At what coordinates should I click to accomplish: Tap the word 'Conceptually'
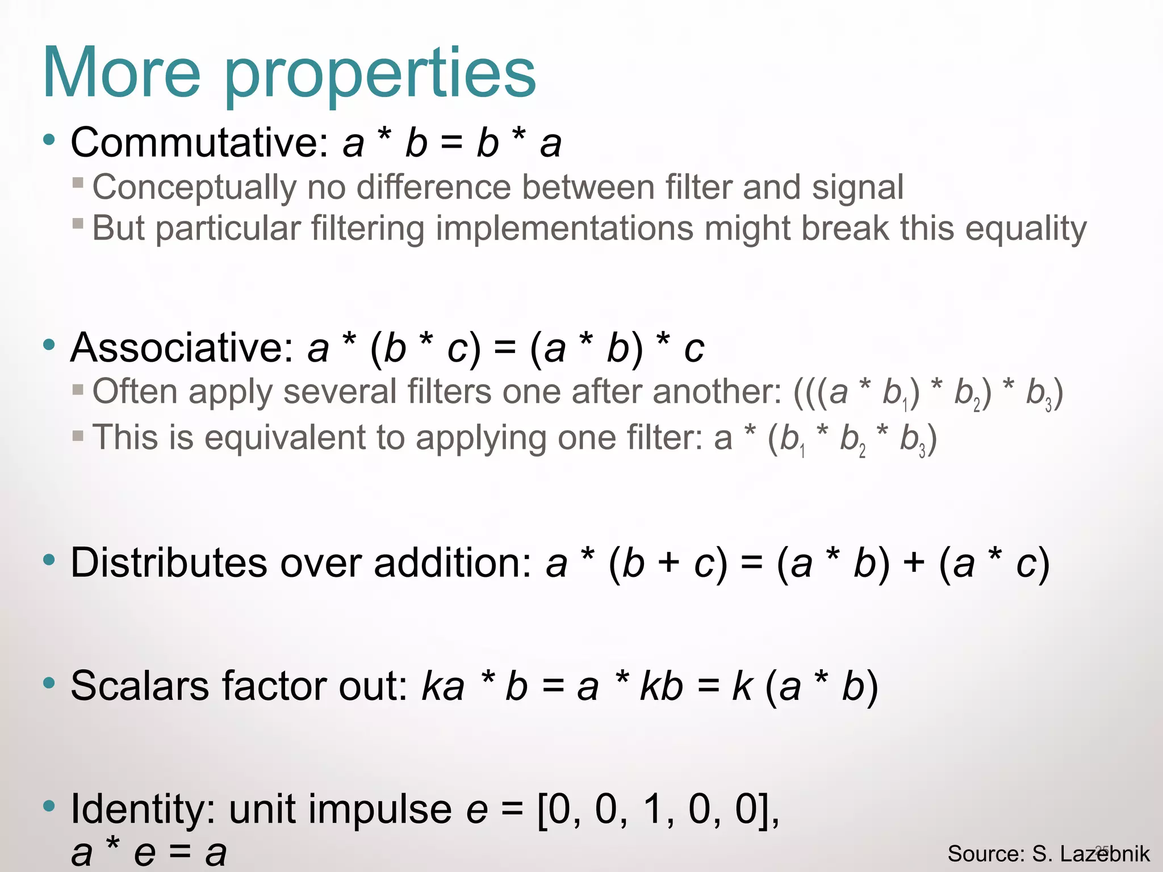click(194, 188)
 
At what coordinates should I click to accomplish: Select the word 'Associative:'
click(182, 347)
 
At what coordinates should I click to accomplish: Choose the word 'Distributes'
click(169, 563)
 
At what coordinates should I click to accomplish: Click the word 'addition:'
click(453, 563)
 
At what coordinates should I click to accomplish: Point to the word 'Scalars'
click(140, 686)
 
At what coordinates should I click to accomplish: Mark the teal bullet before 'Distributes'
click(49, 560)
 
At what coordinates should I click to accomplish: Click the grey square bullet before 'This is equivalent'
click(78, 436)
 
